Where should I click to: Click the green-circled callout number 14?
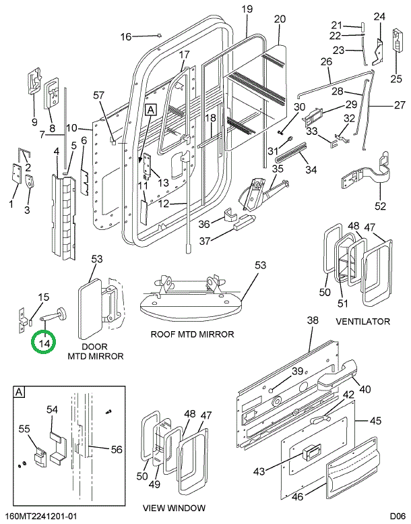[x=44, y=344]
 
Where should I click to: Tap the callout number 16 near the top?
[x=126, y=36]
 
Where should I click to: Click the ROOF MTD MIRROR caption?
[x=193, y=334]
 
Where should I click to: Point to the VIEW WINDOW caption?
[x=175, y=508]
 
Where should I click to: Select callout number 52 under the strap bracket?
[x=381, y=206]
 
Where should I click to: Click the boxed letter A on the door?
[x=150, y=109]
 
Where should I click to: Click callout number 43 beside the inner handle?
[x=278, y=471]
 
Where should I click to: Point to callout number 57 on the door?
[x=99, y=94]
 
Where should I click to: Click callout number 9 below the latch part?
[x=34, y=121]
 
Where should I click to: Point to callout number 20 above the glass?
[x=280, y=18]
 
